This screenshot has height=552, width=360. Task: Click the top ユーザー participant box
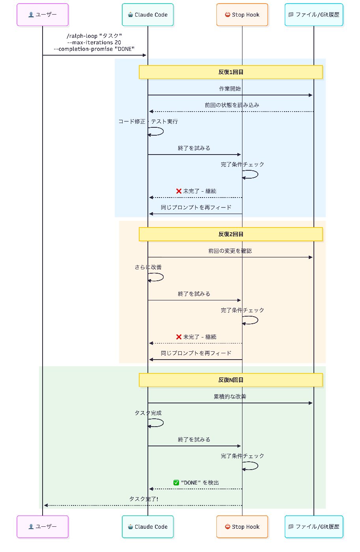(x=42, y=15)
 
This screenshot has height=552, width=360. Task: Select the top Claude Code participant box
(x=147, y=15)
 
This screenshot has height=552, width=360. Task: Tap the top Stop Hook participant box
(x=242, y=15)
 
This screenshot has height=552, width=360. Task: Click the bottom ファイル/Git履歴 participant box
(x=314, y=527)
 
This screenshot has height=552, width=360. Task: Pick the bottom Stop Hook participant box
(x=242, y=527)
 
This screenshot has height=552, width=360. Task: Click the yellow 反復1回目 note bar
(x=231, y=72)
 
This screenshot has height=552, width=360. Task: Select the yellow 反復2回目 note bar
(x=231, y=234)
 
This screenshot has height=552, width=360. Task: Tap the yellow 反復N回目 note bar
(x=231, y=380)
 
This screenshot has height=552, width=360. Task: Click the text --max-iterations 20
(x=94, y=43)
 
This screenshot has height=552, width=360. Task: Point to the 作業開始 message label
(x=230, y=89)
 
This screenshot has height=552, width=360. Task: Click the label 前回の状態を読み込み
(x=232, y=105)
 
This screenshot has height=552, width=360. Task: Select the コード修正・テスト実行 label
(x=148, y=121)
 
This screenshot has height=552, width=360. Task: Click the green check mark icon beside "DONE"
(x=176, y=483)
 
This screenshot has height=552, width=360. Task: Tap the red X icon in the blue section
(x=179, y=191)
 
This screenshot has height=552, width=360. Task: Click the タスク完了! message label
(x=144, y=499)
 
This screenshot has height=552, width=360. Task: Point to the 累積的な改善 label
(x=230, y=397)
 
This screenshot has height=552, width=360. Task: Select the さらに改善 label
(x=148, y=267)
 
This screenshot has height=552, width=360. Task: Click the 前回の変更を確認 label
(x=230, y=251)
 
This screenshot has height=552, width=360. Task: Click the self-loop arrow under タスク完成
(x=163, y=423)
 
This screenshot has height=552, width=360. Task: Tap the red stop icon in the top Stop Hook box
(x=228, y=15)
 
